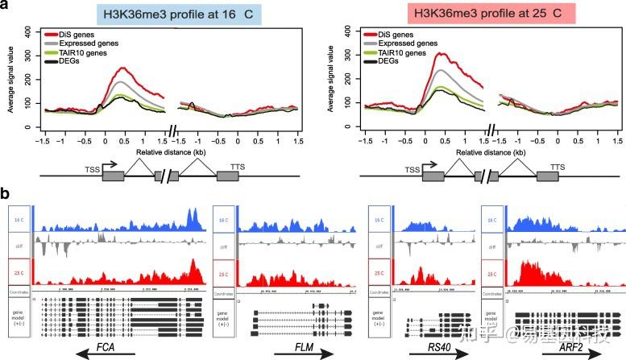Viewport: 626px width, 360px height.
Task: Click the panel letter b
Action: coord(6,194)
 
